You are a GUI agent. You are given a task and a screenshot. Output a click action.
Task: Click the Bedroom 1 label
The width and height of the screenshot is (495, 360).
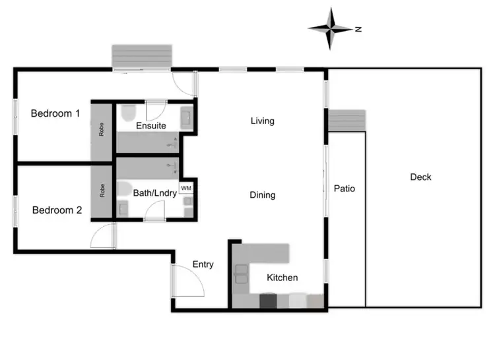pyautogui.click(x=55, y=113)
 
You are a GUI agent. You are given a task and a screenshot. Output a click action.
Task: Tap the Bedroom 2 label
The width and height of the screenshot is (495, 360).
pyautogui.click(x=57, y=210)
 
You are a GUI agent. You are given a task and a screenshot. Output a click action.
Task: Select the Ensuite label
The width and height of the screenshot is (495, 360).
pyautogui.click(x=150, y=125)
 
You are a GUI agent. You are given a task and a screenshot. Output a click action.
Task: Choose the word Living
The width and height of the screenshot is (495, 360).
pyautogui.click(x=262, y=121)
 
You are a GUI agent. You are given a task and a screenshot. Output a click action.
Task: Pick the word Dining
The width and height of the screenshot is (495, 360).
pyautogui.click(x=262, y=195)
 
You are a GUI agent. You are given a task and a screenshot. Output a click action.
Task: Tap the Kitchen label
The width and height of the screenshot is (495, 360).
pyautogui.click(x=282, y=278)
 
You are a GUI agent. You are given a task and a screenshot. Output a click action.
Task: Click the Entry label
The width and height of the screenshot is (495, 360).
pyautogui.click(x=203, y=264)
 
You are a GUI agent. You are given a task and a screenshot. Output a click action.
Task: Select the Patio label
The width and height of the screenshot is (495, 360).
pyautogui.click(x=344, y=189)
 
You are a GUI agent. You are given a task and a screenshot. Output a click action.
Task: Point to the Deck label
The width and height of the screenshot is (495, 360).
pyautogui.click(x=420, y=177)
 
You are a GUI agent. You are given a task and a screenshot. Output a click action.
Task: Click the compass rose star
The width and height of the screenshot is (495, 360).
pyautogui.click(x=331, y=28)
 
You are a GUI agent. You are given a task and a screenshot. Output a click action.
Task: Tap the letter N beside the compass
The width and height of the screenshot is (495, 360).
pyautogui.click(x=358, y=29)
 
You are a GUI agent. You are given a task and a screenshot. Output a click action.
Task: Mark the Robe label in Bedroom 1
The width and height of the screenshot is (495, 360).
pyautogui.click(x=102, y=130)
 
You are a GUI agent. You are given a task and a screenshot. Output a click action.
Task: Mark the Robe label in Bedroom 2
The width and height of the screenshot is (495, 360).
pyautogui.click(x=102, y=191)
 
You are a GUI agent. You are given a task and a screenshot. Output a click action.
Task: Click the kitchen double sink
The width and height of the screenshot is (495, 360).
pyautogui.click(x=242, y=272)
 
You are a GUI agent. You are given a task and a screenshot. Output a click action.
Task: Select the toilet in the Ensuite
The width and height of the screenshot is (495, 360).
pyautogui.click(x=129, y=111)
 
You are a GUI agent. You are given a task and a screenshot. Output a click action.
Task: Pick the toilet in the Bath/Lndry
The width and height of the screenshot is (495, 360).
pyautogui.click(x=122, y=189)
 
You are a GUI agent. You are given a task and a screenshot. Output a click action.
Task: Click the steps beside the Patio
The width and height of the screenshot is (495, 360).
pyautogui.click(x=346, y=121)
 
